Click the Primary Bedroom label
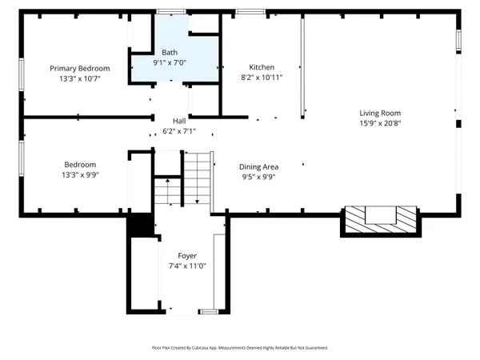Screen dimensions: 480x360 click(x=79, y=68)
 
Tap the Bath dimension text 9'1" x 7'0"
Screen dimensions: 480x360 click(x=170, y=62)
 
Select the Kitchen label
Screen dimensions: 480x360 click(x=262, y=67)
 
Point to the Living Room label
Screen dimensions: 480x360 click(x=380, y=114)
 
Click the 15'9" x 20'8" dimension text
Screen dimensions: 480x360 click(x=380, y=123)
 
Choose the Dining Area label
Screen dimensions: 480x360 click(x=258, y=167)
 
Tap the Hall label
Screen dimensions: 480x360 click(x=179, y=121)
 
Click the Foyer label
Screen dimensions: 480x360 click(x=187, y=256)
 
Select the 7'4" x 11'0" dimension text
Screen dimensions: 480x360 click(x=187, y=266)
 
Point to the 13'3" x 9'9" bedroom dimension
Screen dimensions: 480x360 click(x=80, y=174)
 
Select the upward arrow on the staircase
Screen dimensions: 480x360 click(x=168, y=190)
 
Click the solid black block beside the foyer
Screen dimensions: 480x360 click(x=140, y=225)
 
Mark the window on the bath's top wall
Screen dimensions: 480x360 click(x=171, y=12)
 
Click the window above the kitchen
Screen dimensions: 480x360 click(x=250, y=12)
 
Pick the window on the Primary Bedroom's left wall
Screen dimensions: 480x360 click(x=22, y=74)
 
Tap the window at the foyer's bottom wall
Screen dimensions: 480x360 click(x=209, y=312)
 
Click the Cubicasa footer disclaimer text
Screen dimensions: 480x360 click(x=240, y=348)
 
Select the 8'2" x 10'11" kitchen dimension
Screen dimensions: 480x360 click(x=262, y=77)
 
